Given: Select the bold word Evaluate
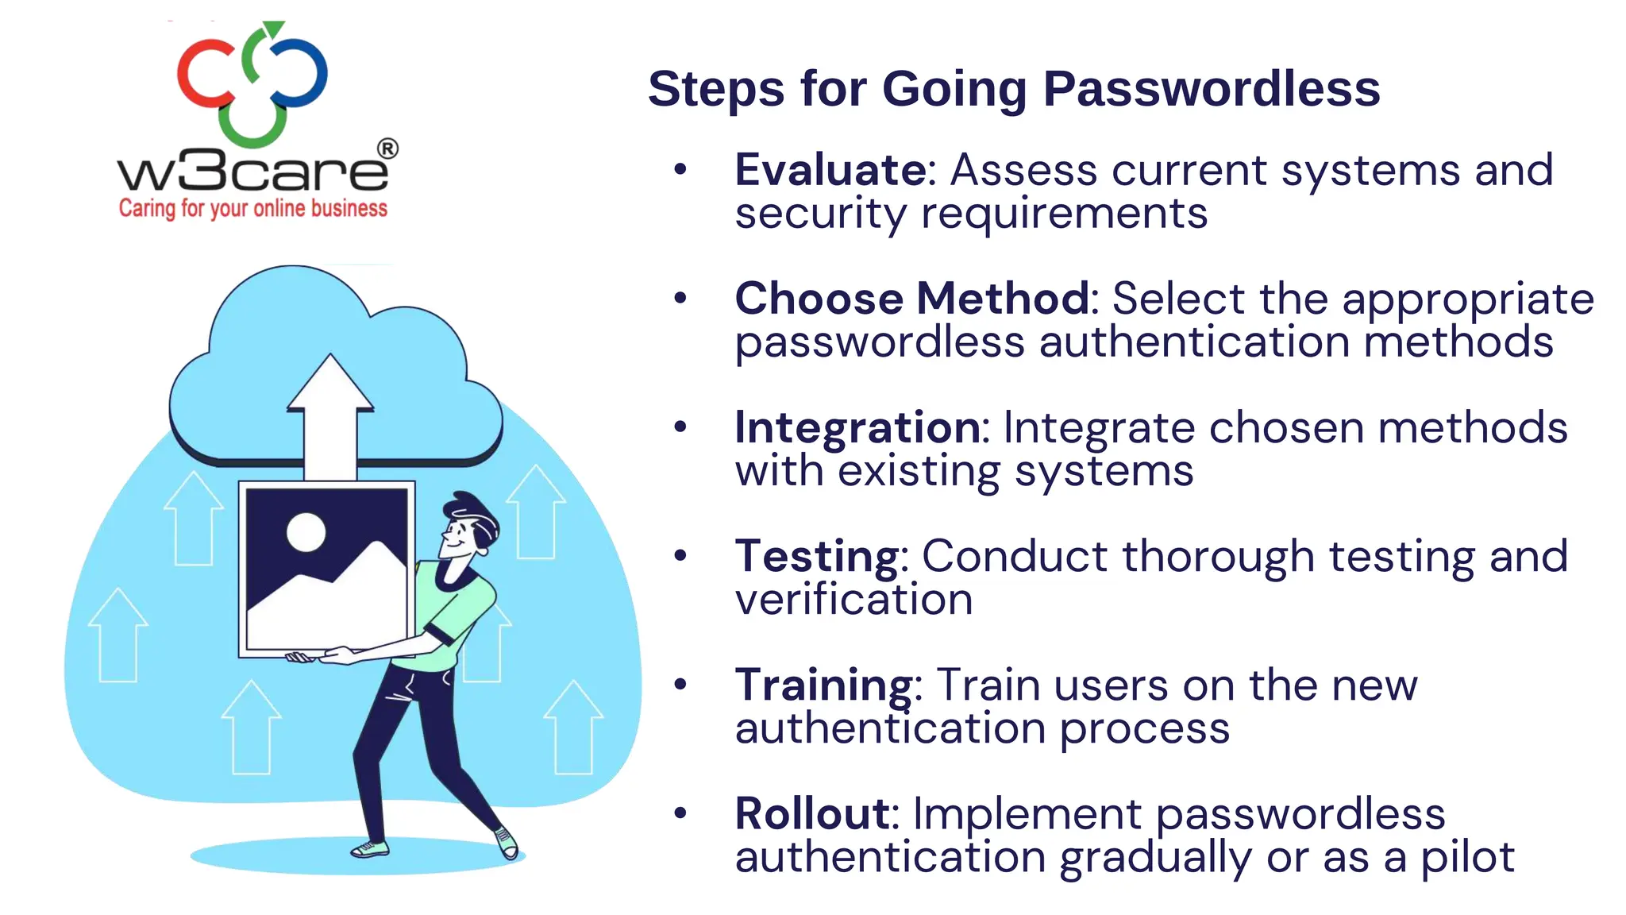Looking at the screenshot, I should coord(830,170).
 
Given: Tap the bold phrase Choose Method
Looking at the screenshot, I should coord(911,299).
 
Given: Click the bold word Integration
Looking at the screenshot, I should coord(857,428).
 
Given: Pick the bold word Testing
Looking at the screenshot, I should coord(817,557).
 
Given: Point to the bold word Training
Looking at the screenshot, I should coord(824,685).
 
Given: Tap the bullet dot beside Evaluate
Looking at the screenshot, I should coord(680,169).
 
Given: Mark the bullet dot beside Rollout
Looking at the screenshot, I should coord(680,813).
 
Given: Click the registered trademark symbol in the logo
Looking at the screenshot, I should coord(387,149).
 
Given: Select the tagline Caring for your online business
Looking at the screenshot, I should coord(252,208).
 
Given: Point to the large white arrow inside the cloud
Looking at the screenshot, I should coord(330,413).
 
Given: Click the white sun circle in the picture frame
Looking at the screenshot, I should coord(306,532).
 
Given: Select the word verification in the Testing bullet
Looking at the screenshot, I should coord(853,600).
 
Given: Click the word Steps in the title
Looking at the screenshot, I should coord(717,88).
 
